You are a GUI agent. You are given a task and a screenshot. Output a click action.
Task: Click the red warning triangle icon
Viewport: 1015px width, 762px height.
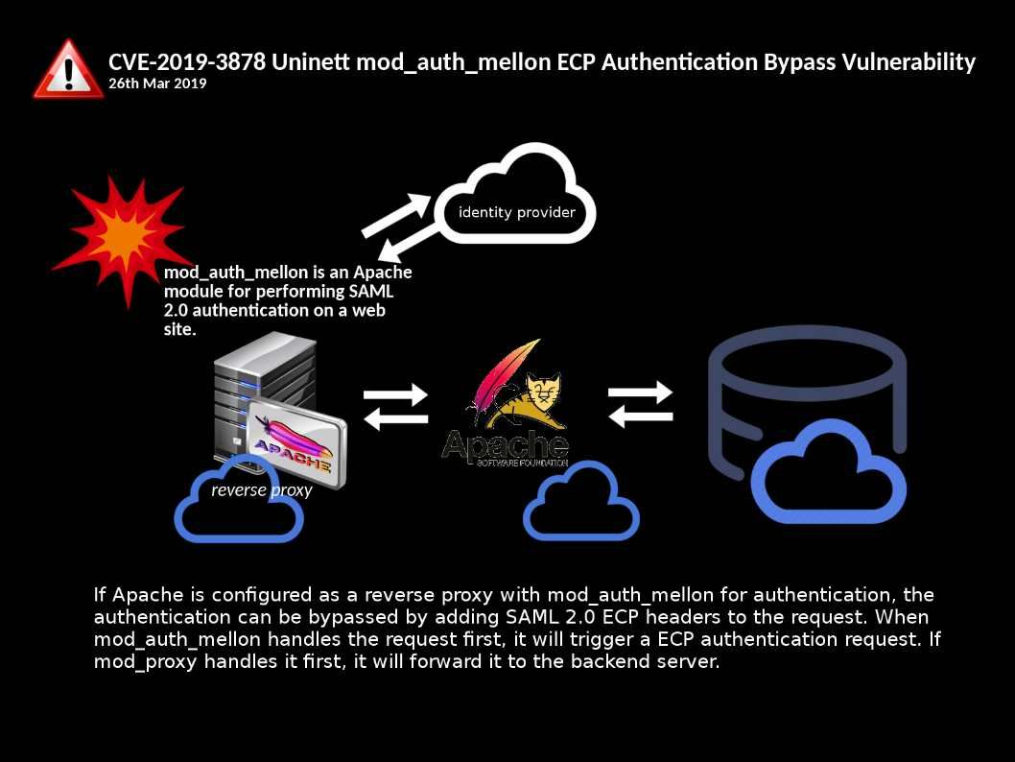(x=68, y=70)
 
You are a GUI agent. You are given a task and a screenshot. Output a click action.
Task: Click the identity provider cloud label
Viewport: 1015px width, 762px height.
(x=516, y=212)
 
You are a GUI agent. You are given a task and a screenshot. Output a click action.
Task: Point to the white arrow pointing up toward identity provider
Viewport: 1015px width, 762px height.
(x=398, y=214)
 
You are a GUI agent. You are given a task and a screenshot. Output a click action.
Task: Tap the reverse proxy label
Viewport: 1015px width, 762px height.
(x=261, y=490)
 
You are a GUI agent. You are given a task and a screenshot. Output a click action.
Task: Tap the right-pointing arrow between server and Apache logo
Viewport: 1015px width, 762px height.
(x=394, y=394)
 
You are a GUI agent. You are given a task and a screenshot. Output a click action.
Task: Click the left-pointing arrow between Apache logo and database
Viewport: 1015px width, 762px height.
(x=642, y=417)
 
